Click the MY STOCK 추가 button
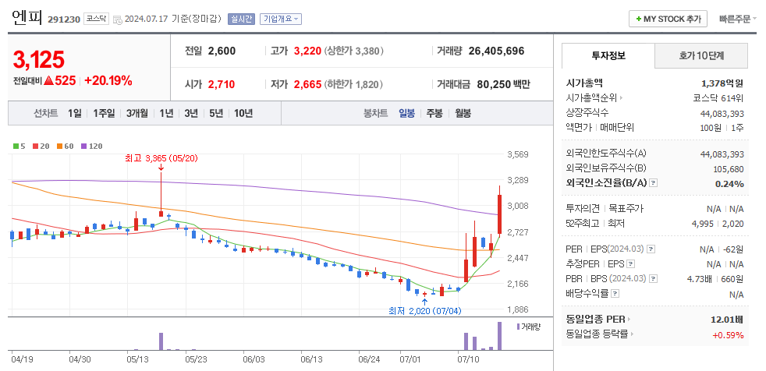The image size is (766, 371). pyautogui.click(x=668, y=19)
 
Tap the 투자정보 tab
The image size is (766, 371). pyautogui.click(x=608, y=56)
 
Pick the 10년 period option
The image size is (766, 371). pyautogui.click(x=243, y=113)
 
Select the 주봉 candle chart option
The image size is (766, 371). pyautogui.click(x=434, y=113)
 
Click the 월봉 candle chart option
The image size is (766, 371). pyautogui.click(x=463, y=113)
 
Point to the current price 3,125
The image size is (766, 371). pyautogui.click(x=39, y=59)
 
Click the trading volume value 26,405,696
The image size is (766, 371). pyautogui.click(x=496, y=51)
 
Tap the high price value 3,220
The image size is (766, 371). pyautogui.click(x=307, y=51)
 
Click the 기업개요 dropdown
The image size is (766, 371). pyautogui.click(x=281, y=19)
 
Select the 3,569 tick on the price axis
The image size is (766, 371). pyautogui.click(x=518, y=154)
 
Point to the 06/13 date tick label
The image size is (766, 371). pyautogui.click(x=311, y=359)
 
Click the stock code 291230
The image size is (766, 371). pyautogui.click(x=64, y=19)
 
